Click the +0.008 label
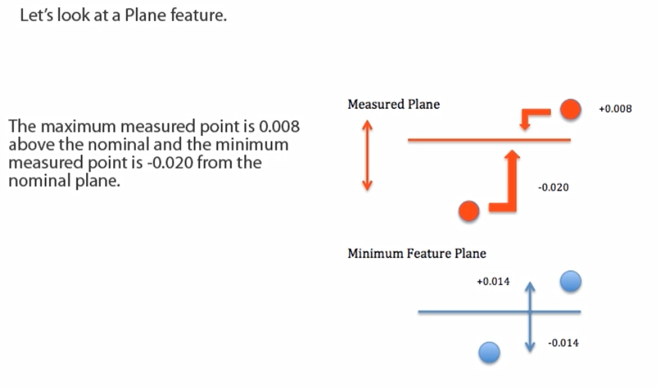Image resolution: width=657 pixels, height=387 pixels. pyautogui.click(x=615, y=109)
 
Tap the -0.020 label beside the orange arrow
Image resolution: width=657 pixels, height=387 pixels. pyautogui.click(x=553, y=188)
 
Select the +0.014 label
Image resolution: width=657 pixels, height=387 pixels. pyautogui.click(x=493, y=282)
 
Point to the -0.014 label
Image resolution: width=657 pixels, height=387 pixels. pyautogui.click(x=563, y=343)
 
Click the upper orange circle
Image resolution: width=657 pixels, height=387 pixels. pyautogui.click(x=570, y=110)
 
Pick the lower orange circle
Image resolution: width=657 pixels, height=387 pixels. pyautogui.click(x=469, y=211)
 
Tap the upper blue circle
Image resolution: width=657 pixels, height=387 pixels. pyautogui.click(x=570, y=282)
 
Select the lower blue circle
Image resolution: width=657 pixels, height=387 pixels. pyautogui.click(x=489, y=353)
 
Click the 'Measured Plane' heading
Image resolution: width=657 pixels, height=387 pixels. pyautogui.click(x=394, y=104)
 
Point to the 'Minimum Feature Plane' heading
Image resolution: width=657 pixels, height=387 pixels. pyautogui.click(x=417, y=254)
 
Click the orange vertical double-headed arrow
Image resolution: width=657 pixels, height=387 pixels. pyautogui.click(x=367, y=155)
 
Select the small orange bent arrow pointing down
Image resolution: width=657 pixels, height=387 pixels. pyautogui.click(x=532, y=118)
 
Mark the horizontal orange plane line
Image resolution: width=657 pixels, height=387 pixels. pyautogui.click(x=460, y=140)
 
